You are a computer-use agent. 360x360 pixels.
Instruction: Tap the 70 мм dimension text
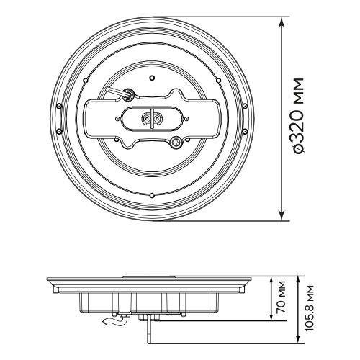pos(281,297)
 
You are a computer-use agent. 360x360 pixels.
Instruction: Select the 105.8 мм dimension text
pos(310,308)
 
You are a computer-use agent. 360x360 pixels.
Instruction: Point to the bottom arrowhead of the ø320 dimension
pos(282,215)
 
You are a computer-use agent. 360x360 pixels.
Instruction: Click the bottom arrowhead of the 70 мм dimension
pos(271,317)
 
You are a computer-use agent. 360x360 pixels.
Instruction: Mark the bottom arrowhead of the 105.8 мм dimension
pos(298,339)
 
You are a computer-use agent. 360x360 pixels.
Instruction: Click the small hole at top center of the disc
pos(152,78)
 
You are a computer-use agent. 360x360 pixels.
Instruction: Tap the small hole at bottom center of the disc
pos(152,195)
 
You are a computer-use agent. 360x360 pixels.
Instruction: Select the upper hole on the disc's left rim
pos(58,106)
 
